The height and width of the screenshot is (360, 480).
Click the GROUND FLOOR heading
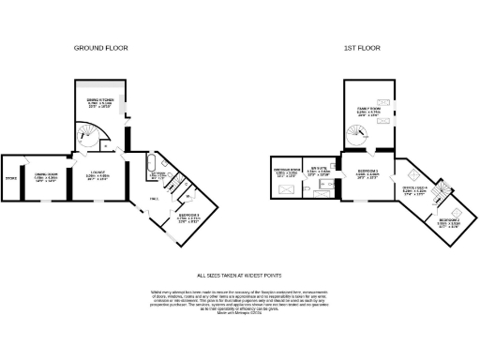point(101,47)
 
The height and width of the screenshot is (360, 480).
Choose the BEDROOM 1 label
point(368,173)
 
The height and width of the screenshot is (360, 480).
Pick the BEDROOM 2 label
point(449,222)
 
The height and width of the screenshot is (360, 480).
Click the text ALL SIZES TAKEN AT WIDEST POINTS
point(239,276)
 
